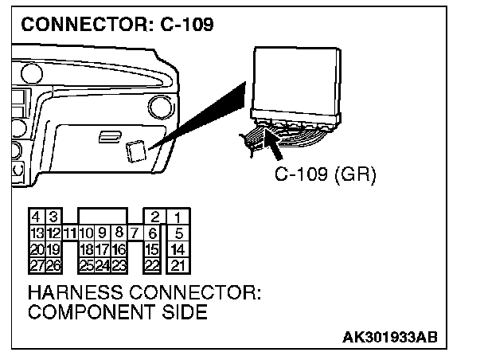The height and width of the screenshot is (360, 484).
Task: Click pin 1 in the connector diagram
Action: [x=179, y=217]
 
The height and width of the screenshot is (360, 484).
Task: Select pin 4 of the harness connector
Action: [x=36, y=217]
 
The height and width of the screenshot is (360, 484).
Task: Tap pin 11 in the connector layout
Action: [x=69, y=233]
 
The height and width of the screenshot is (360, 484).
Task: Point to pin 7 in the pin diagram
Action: [x=135, y=233]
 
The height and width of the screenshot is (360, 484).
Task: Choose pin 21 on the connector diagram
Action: [x=179, y=264]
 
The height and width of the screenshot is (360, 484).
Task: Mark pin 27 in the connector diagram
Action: [x=36, y=264]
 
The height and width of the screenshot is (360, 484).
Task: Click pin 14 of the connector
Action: [x=179, y=249]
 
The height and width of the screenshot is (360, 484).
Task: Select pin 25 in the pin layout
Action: [x=87, y=264]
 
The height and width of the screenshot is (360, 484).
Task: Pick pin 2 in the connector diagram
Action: [x=154, y=217]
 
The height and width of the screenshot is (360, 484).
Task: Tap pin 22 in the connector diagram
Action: [x=152, y=264]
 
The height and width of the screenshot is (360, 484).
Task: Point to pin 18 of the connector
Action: [x=87, y=249]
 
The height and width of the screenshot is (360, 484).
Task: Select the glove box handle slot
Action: [x=104, y=137]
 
